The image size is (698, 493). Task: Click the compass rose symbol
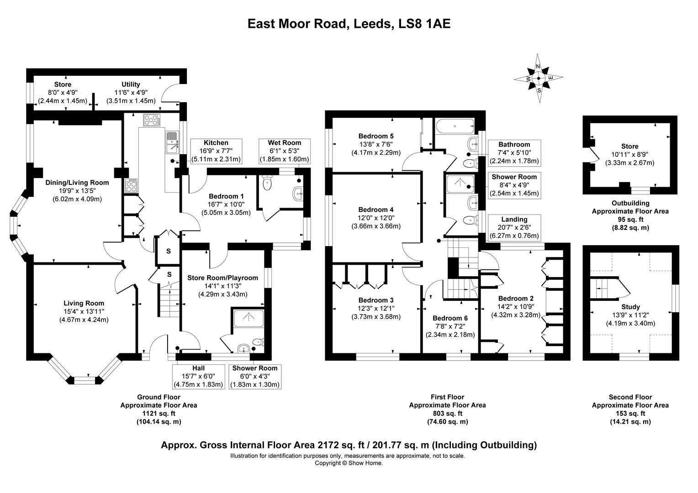[539, 79]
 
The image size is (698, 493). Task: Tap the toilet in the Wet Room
[268, 184]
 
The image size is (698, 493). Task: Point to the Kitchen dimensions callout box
[216, 151]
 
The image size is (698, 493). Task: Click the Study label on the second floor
[630, 307]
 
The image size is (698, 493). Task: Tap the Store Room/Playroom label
[222, 278]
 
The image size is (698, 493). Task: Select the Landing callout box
[514, 228]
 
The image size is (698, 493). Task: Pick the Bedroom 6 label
[450, 318]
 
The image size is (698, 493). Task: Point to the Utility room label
[131, 84]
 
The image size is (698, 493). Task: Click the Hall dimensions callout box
[198, 376]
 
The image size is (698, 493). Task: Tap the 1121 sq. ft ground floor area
[159, 414]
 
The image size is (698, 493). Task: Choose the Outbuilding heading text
[630, 203]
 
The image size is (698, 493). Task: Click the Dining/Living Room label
[77, 183]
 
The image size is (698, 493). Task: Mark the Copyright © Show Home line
[349, 463]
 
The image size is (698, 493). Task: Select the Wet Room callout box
[284, 151]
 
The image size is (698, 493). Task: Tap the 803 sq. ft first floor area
[447, 414]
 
